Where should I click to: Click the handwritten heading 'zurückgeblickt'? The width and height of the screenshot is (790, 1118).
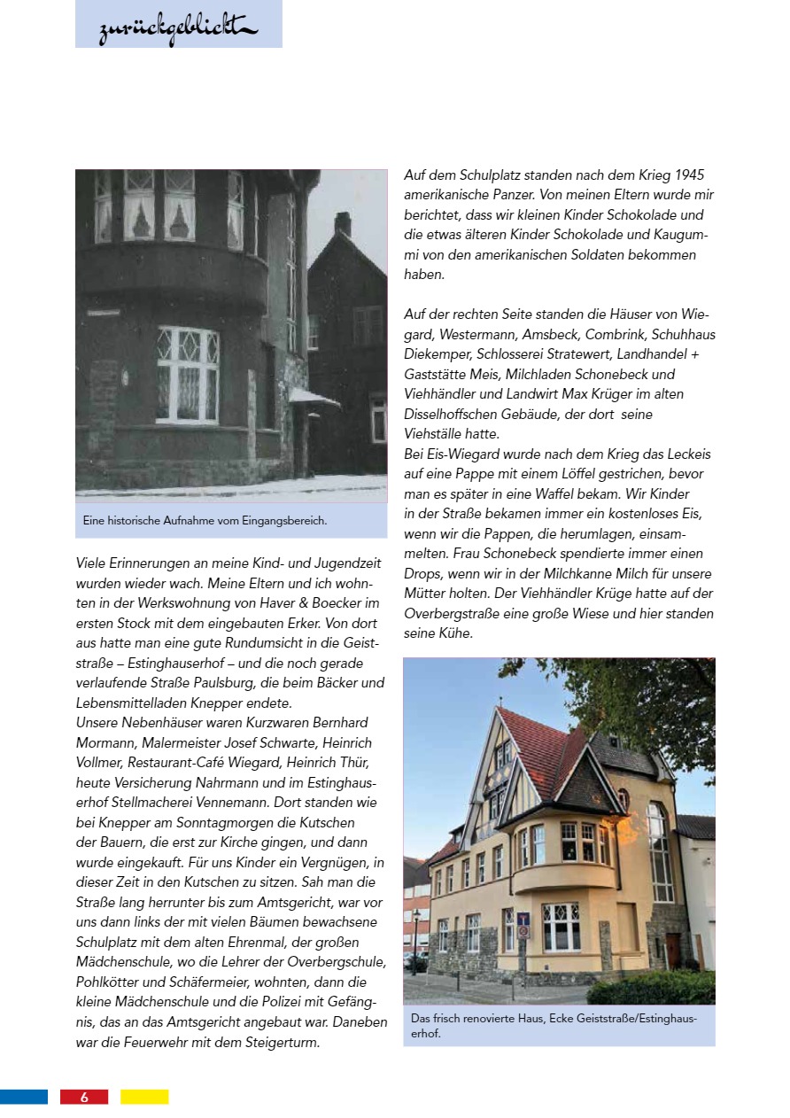178,30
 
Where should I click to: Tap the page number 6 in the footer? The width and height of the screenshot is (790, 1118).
84,1097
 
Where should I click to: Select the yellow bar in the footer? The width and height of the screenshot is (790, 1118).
144,1097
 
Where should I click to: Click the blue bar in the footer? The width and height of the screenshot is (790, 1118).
24,1097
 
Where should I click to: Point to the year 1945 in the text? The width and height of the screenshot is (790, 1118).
688,175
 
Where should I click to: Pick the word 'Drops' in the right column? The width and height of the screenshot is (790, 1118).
423,573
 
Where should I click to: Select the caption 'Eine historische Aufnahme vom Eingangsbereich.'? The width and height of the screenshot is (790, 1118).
205,521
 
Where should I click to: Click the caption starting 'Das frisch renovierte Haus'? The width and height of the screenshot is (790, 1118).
554,1025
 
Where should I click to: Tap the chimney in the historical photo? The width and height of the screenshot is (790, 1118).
343,223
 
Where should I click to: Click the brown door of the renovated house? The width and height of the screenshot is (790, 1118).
674,951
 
